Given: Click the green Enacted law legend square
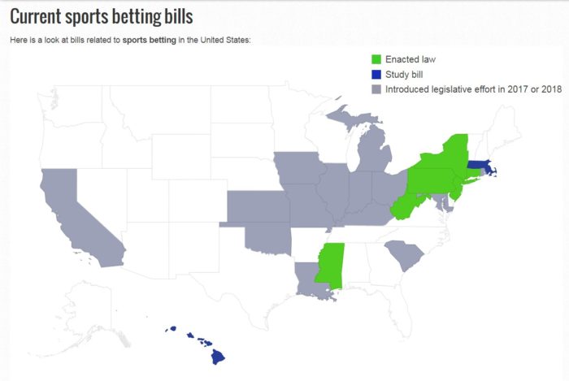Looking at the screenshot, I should coord(376,59).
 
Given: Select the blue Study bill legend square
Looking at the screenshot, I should coord(376,75).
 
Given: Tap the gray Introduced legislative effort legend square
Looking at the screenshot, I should coord(376,89).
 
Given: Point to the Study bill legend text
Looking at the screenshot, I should coord(406,75).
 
